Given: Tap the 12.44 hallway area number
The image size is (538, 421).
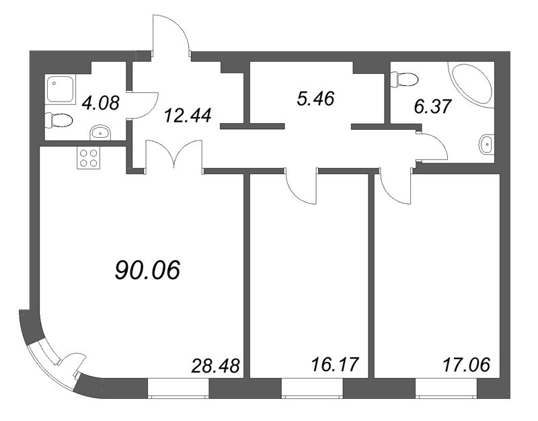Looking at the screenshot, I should (188, 116).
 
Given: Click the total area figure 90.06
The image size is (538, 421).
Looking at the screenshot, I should (149, 270).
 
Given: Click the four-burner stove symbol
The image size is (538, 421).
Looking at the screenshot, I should (88, 159).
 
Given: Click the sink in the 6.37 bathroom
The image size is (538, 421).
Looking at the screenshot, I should (487, 143).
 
